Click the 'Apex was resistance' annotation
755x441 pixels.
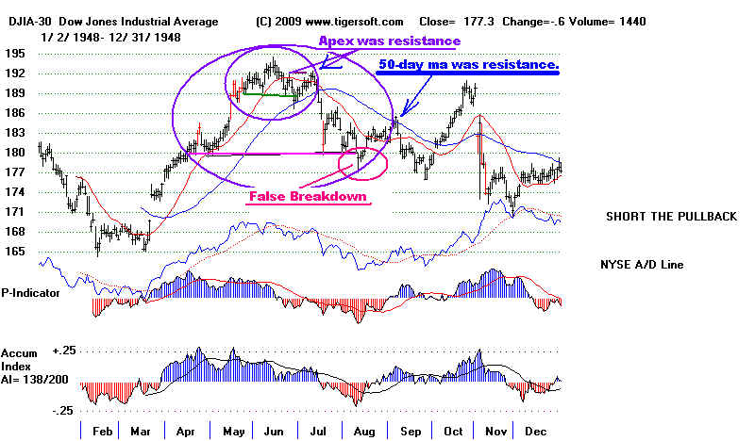click(x=389, y=41)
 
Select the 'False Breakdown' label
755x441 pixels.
click(x=307, y=197)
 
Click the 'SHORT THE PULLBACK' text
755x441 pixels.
click(x=671, y=217)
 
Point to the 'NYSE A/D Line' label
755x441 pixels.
click(x=646, y=265)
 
